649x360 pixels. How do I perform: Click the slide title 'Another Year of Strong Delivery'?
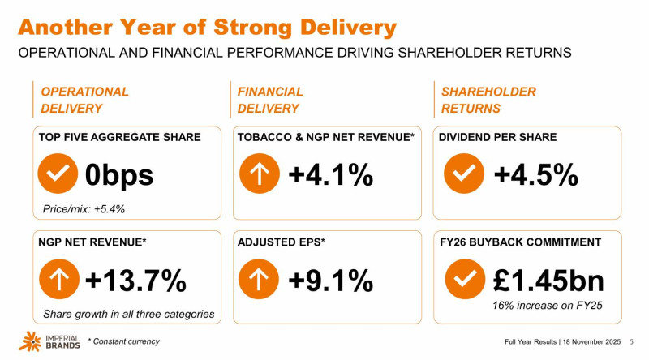[x=208, y=27]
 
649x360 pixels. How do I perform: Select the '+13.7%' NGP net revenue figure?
[x=136, y=281]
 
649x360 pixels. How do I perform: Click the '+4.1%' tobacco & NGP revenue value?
[x=331, y=174]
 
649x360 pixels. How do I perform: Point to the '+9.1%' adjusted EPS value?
[x=331, y=281]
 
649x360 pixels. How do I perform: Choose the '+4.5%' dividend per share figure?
[x=536, y=174]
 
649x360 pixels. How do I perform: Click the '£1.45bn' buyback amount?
[x=548, y=281]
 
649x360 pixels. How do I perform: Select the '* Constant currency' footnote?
[x=123, y=341]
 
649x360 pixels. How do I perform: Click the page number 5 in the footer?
[x=631, y=341]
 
